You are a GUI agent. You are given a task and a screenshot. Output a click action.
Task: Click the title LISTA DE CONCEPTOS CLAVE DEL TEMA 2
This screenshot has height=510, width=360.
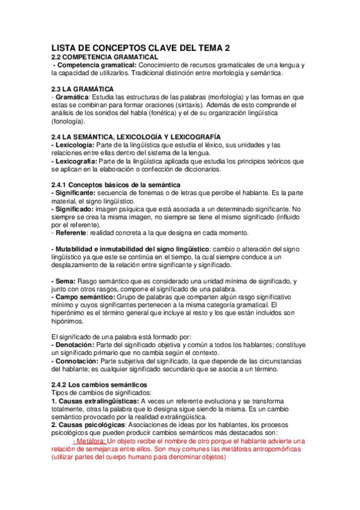pos(140,48)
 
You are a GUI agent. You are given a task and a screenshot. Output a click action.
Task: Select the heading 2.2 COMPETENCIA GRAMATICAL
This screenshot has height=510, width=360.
pos(99,57)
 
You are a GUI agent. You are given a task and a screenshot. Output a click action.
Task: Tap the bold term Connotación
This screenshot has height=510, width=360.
pos(76,361)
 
